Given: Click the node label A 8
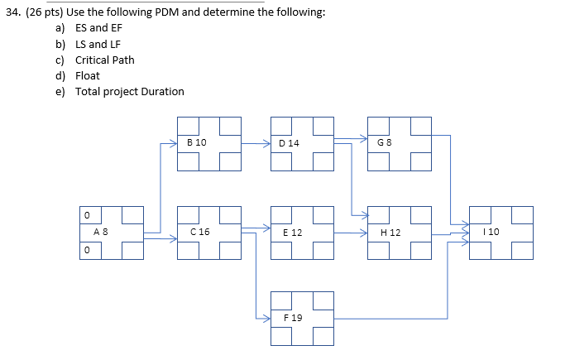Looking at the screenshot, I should (x=100, y=233).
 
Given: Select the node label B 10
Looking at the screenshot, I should (x=197, y=142).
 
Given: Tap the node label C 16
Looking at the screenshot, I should (x=199, y=233).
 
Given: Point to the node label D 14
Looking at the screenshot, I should (x=290, y=143).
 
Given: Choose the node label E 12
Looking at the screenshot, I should (x=292, y=233).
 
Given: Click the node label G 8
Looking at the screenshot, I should (x=384, y=143).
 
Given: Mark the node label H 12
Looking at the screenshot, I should (x=390, y=233).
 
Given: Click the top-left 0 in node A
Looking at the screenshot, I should (x=85, y=215).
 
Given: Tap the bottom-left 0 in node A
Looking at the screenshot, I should (x=85, y=250).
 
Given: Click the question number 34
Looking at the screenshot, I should (x=12, y=13).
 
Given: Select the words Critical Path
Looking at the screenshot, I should (x=104, y=60).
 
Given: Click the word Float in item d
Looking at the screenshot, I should (x=87, y=75).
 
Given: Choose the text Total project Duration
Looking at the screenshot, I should (x=130, y=91).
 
